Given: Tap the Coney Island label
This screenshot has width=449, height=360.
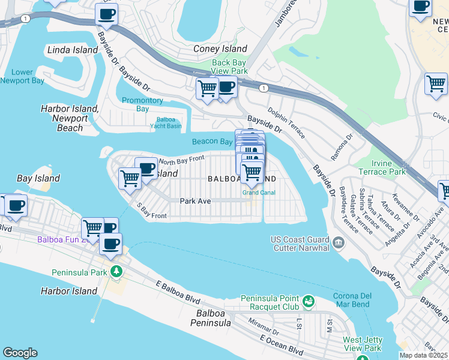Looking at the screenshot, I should [x=220, y=49].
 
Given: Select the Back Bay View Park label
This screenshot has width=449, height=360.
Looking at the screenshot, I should [x=229, y=67].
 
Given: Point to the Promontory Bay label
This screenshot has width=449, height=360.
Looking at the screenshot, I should [x=142, y=104].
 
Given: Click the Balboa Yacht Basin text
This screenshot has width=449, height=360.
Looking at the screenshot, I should [x=165, y=122].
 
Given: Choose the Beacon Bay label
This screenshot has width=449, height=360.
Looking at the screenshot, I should [x=212, y=142].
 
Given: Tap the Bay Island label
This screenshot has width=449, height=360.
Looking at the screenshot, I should [x=38, y=178].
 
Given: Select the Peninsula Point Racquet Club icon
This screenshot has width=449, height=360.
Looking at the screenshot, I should [x=309, y=301].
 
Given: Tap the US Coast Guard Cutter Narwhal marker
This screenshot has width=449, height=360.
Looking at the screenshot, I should [x=339, y=242].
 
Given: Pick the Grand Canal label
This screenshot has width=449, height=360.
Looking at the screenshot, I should [x=259, y=193].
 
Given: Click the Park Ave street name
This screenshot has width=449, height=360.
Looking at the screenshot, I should [x=195, y=201].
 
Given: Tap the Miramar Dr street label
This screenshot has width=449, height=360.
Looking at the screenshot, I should [x=266, y=330].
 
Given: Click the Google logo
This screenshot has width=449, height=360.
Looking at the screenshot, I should [x=20, y=353].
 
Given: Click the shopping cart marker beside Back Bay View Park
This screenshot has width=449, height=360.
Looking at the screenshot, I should [x=207, y=89].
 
